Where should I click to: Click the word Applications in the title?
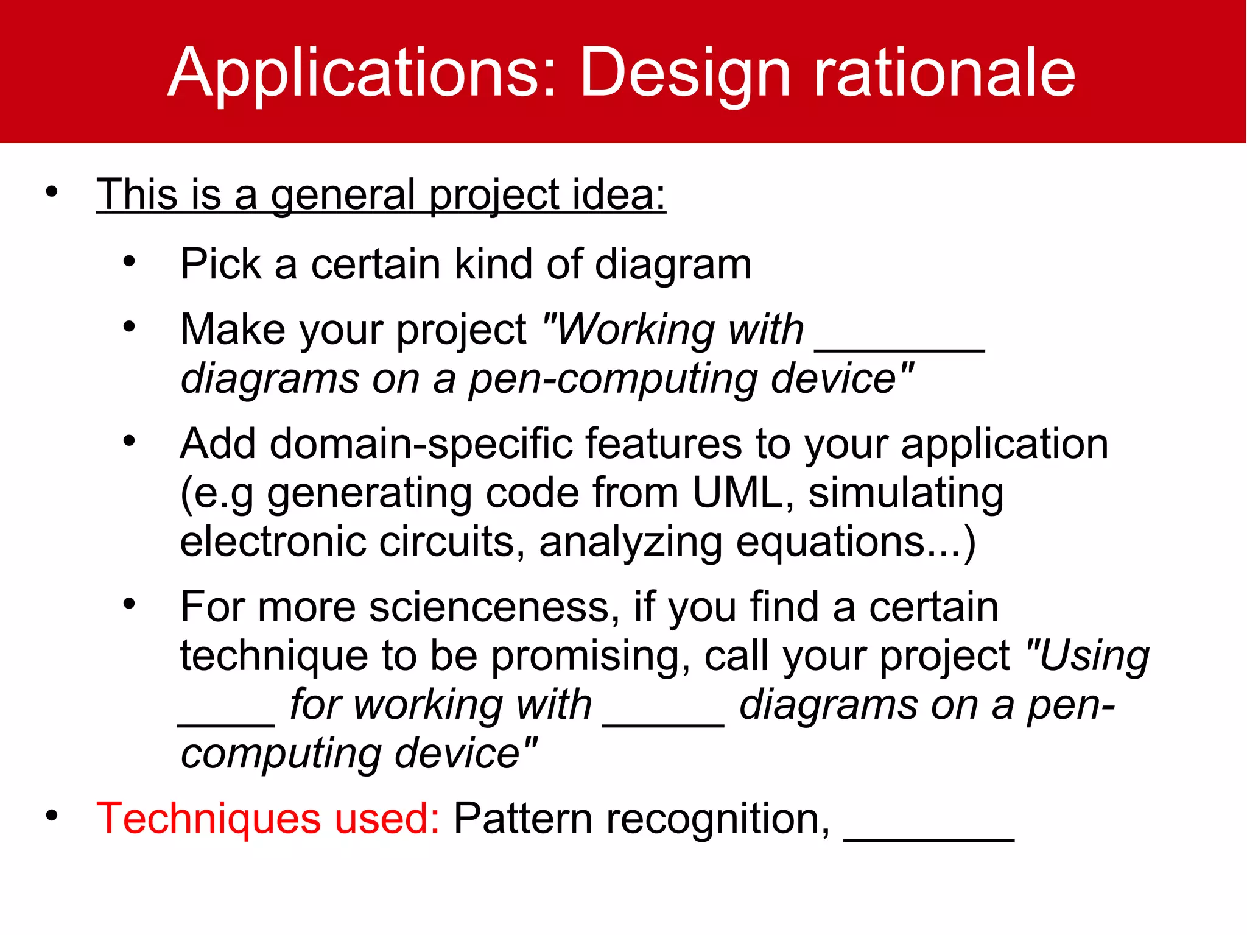[362, 73]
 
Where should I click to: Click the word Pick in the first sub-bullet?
[220, 264]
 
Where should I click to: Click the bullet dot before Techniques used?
[52, 815]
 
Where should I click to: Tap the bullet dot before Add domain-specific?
[129, 440]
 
